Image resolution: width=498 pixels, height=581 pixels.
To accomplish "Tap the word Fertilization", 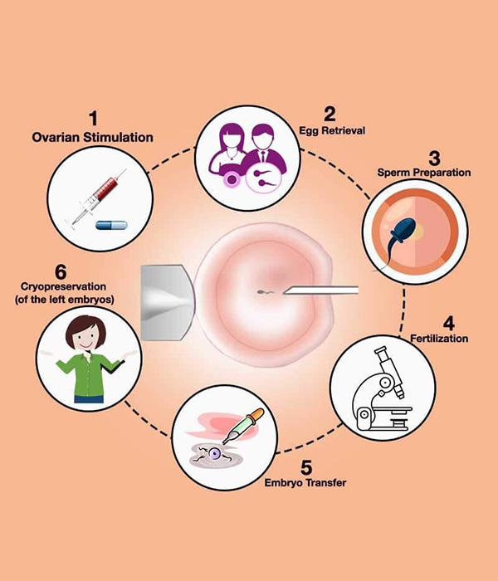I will pyautogui.click(x=439, y=338).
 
